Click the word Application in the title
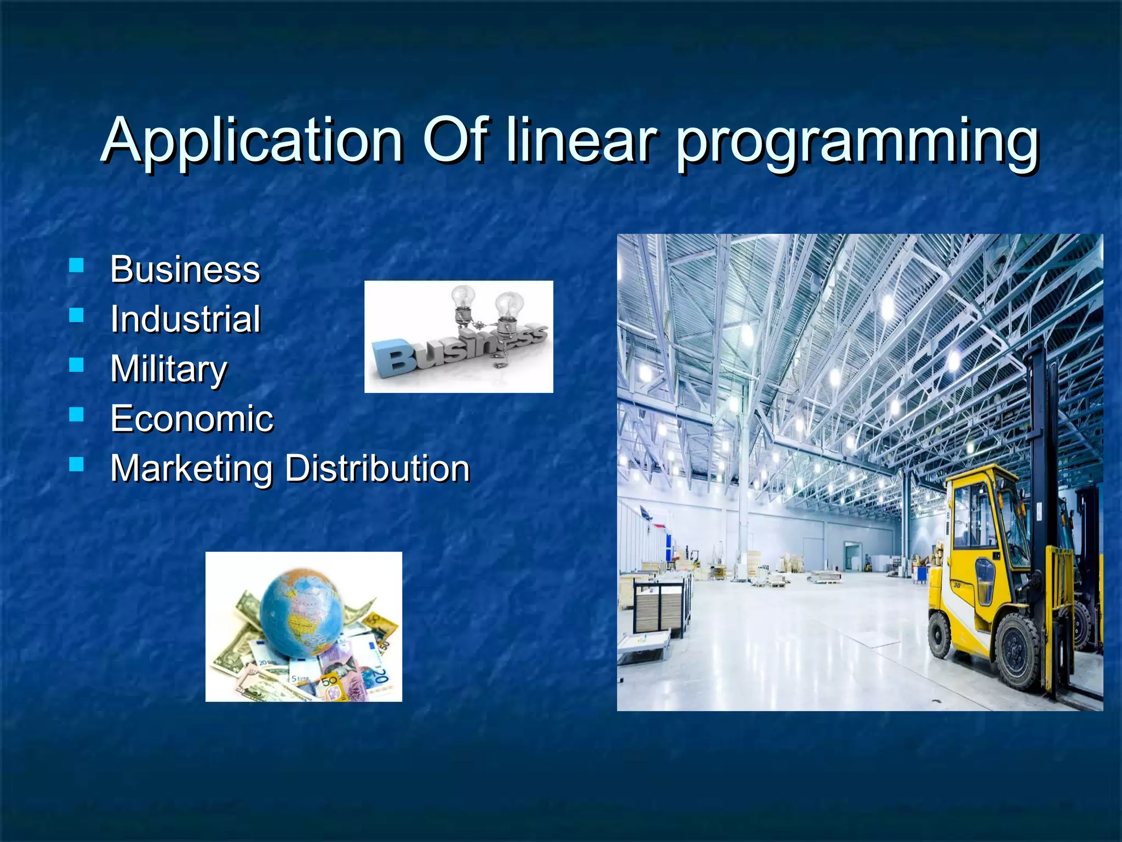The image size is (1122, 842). point(253,141)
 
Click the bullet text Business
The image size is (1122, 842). point(185,270)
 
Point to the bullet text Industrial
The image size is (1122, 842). point(185,319)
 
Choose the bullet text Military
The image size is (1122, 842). point(168,369)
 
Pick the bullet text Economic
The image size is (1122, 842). point(191,419)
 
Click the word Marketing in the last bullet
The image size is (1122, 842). point(191,469)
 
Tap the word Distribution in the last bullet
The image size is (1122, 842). point(377,469)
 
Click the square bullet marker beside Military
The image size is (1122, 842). point(77,365)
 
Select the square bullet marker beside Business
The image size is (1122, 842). point(77,266)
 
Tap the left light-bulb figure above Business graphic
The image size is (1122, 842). point(463,306)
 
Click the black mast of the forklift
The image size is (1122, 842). point(1041,439)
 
